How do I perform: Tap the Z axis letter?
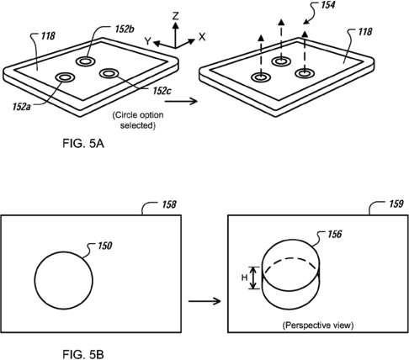pyautogui.click(x=173, y=15)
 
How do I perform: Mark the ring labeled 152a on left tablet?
pyautogui.click(x=65, y=77)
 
